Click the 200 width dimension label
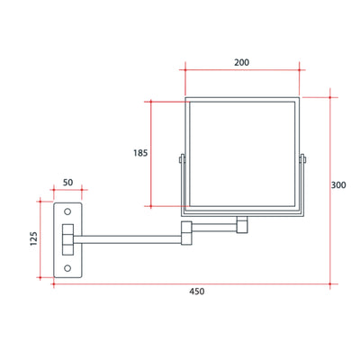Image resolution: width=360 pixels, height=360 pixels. [242, 62]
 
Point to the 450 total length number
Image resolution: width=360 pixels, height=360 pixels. [196, 291]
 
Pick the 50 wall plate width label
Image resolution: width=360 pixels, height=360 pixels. [68, 183]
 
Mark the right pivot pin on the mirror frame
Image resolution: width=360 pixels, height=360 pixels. [302, 161]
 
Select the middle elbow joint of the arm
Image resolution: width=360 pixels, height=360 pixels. [188, 231]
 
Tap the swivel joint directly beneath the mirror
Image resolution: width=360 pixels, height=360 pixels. [242, 223]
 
